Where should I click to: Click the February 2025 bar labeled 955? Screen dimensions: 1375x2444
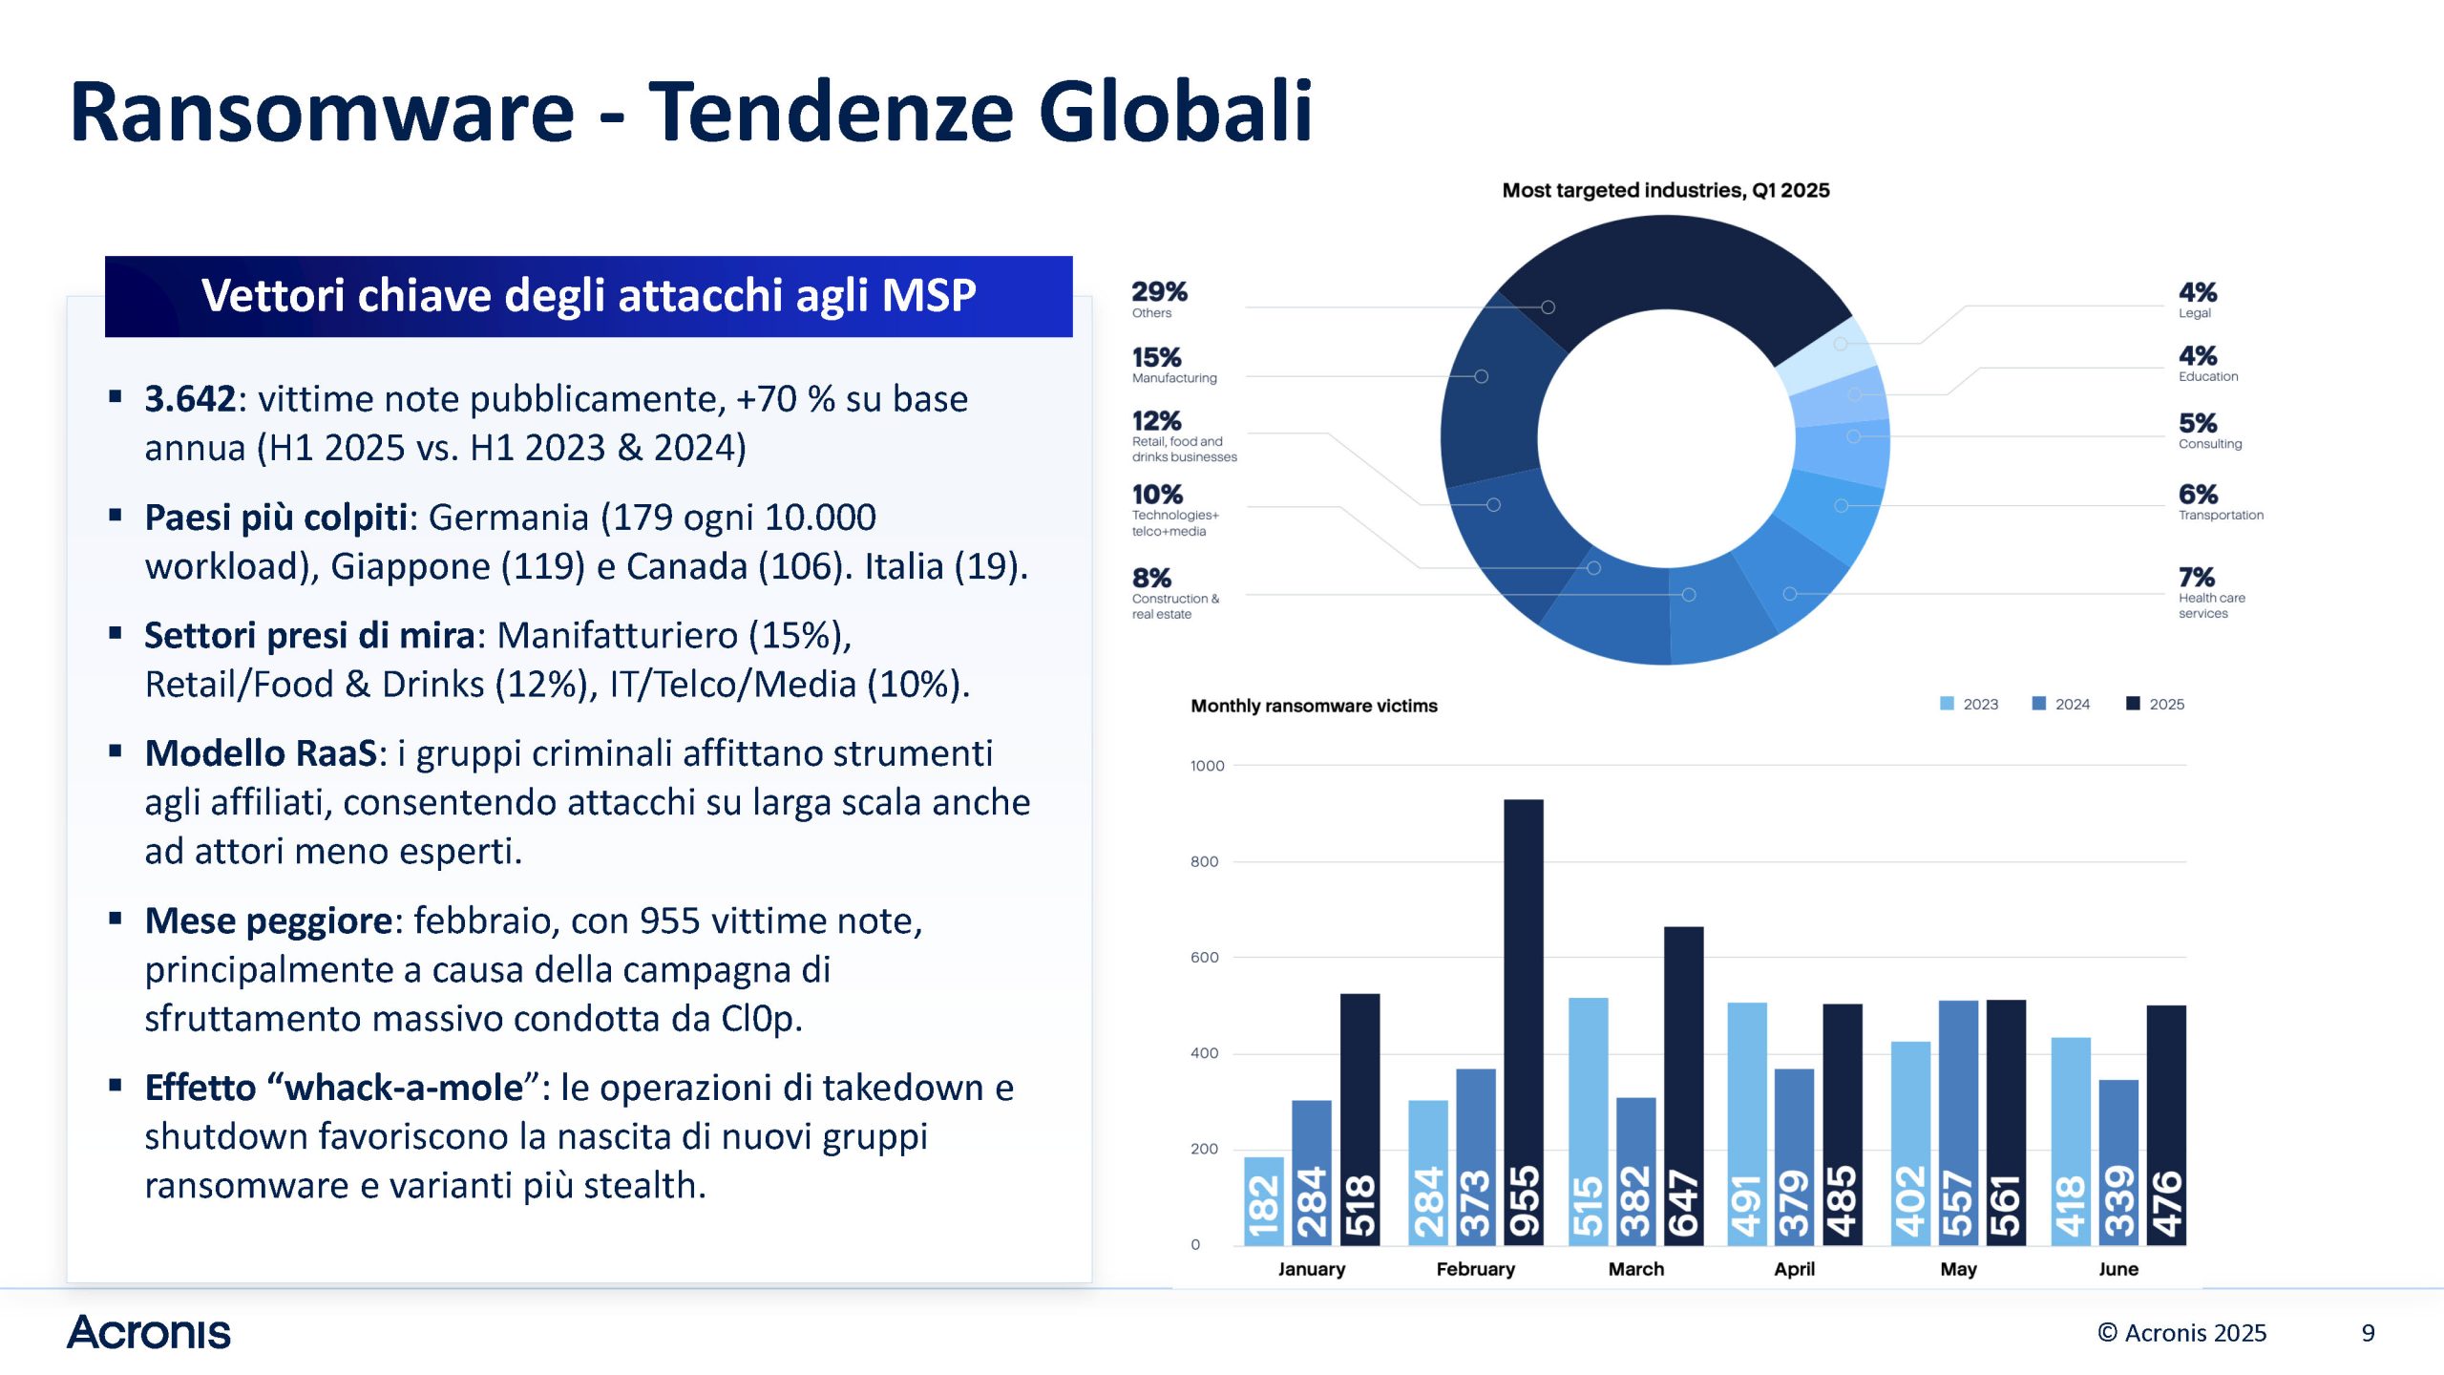tap(1523, 1022)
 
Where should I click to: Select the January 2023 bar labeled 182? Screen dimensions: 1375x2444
tap(1263, 1200)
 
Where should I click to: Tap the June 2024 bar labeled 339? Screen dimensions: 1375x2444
tap(2118, 1162)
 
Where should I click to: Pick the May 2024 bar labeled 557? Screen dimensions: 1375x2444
tap(1958, 1122)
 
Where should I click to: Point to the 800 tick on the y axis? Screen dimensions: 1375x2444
tap(1204, 861)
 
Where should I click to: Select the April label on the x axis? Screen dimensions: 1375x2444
tap(1794, 1269)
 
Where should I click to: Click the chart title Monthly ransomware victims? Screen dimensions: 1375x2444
tap(1314, 706)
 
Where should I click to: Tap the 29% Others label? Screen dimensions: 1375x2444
tap(1159, 299)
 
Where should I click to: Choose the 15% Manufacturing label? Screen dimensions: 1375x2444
tap(1173, 365)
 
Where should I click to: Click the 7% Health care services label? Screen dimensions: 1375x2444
tap(2210, 592)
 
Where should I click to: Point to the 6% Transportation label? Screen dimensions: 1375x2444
tap(2220, 502)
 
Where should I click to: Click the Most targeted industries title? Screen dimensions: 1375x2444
tap(1665, 190)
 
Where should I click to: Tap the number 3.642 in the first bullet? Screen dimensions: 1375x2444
tap(189, 399)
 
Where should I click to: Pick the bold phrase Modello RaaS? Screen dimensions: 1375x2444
tap(261, 753)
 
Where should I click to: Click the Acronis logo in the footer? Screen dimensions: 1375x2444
tap(149, 1332)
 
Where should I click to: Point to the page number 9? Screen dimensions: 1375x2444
tap(2368, 1333)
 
